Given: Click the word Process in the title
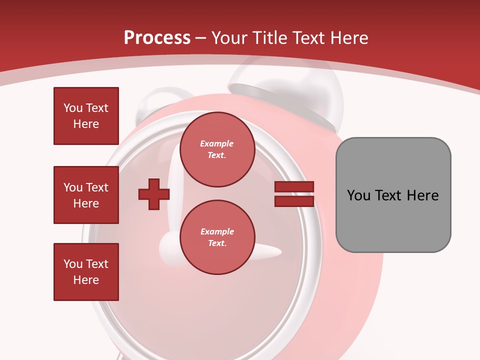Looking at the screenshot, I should (x=157, y=38).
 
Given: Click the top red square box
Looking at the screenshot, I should (x=86, y=116).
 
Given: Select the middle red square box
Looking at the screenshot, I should (x=86, y=195).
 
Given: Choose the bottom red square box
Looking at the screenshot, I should (x=86, y=272).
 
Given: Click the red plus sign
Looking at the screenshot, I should (x=154, y=194).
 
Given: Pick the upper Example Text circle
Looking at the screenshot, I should (x=217, y=149).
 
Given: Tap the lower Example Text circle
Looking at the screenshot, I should (x=217, y=237).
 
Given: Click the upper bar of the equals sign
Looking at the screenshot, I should (x=294, y=187).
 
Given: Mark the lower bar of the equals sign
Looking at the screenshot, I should (x=294, y=201).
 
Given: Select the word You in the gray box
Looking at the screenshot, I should (x=358, y=195).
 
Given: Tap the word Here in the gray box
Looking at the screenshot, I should (x=423, y=195).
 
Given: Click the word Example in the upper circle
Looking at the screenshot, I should (x=217, y=143).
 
